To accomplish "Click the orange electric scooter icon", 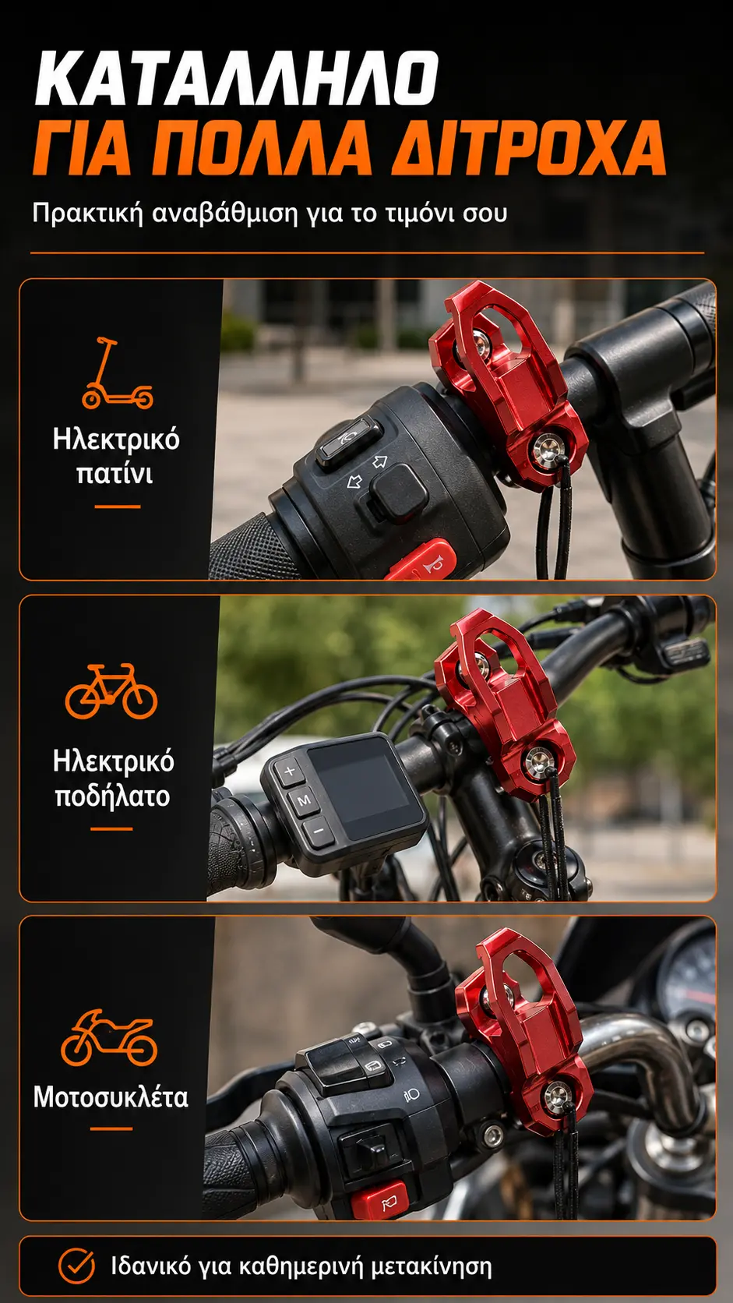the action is click(117, 373).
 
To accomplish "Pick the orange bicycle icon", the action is click(111, 691).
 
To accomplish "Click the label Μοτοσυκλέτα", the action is click(111, 1098).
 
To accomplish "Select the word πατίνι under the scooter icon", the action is click(115, 474).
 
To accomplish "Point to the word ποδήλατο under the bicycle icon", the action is click(113, 796).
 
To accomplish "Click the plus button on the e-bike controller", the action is click(289, 772).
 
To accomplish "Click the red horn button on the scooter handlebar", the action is click(421, 561).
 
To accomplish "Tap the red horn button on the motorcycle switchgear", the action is click(379, 1199).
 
